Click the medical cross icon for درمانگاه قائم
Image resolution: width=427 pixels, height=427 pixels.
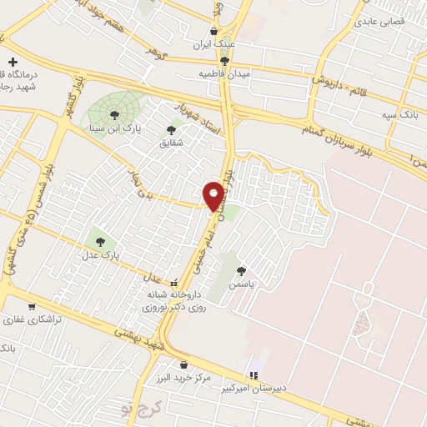[13, 62]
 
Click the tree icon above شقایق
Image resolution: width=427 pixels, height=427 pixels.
[171, 130]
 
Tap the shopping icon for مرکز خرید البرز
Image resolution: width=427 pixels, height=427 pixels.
[183, 364]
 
